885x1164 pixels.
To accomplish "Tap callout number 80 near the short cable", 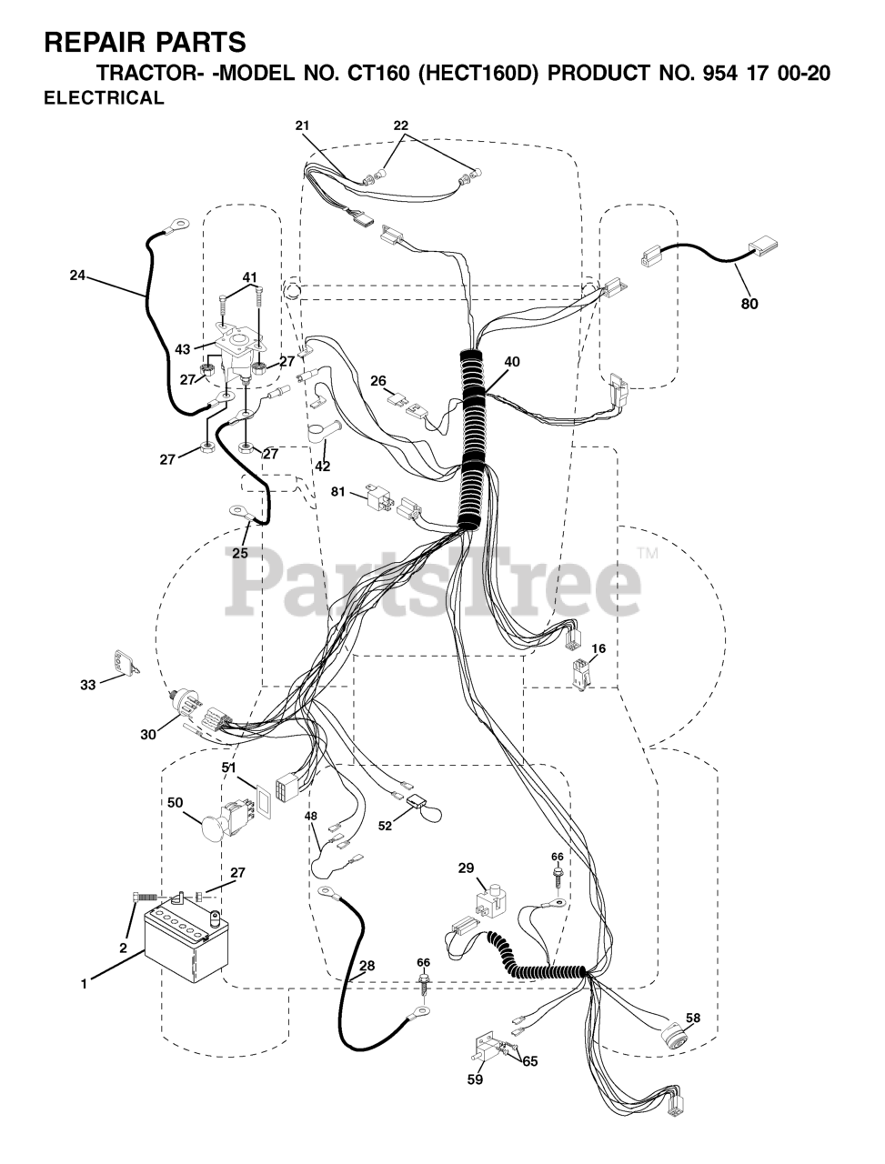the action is pyautogui.click(x=749, y=304).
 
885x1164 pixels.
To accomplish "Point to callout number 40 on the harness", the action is pyautogui.click(x=512, y=361).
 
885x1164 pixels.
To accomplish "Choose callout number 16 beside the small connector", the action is pyautogui.click(x=598, y=648).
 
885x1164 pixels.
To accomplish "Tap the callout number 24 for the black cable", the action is pyautogui.click(x=76, y=275).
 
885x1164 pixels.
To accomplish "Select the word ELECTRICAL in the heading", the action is pyautogui.click(x=105, y=99).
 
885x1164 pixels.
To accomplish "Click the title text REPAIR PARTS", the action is pyautogui.click(x=145, y=42).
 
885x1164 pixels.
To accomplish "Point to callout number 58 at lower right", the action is pyautogui.click(x=693, y=1018).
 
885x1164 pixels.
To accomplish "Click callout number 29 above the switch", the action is pyautogui.click(x=466, y=869).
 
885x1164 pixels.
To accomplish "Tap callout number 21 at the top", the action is pyautogui.click(x=302, y=125).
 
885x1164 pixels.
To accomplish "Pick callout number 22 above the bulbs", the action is pyautogui.click(x=401, y=125).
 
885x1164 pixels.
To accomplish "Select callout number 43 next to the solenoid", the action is pyautogui.click(x=183, y=349).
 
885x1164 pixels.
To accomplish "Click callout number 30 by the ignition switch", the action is pyautogui.click(x=148, y=733).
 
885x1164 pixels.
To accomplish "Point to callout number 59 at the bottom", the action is pyautogui.click(x=475, y=1079).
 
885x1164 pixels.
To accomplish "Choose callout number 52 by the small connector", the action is pyautogui.click(x=386, y=826).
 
